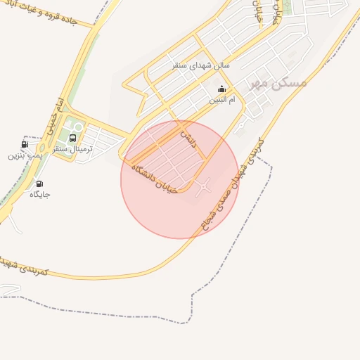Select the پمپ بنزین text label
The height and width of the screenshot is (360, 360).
[x=21, y=155]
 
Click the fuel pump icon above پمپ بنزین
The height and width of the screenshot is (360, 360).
[x=25, y=144]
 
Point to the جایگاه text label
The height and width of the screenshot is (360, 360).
[x=39, y=194]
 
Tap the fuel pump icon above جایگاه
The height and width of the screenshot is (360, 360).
[x=39, y=184]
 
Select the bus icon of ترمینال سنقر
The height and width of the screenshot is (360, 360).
[x=72, y=139]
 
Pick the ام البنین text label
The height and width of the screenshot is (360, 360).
[x=223, y=100]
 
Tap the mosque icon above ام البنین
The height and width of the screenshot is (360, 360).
[x=223, y=89]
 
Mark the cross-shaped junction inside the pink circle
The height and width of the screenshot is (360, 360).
[x=205, y=186]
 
